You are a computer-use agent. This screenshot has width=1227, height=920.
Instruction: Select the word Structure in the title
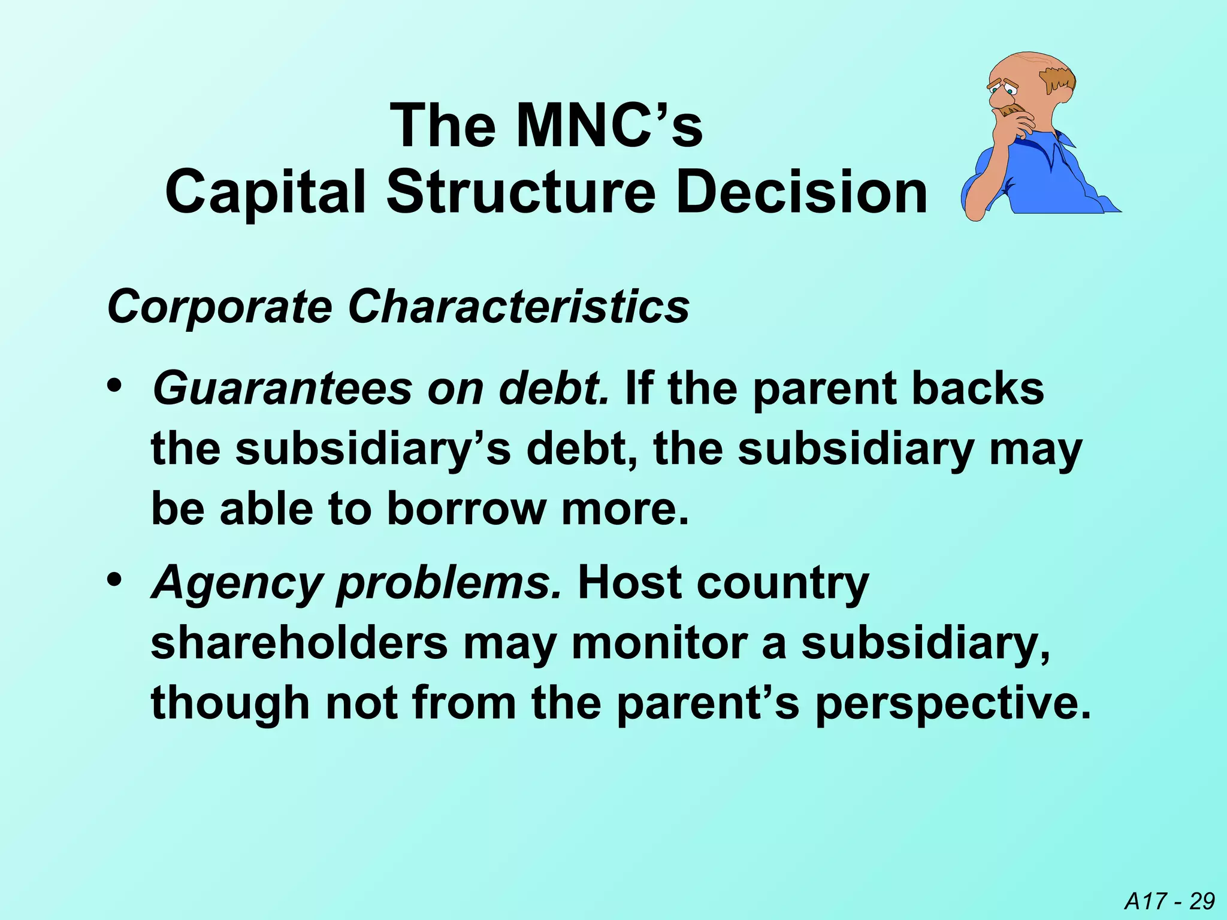pyautogui.click(x=521, y=193)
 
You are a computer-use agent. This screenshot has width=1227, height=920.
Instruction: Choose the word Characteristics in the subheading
pyautogui.click(x=518, y=307)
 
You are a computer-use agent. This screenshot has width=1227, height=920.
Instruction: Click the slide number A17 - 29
pyautogui.click(x=1169, y=901)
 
